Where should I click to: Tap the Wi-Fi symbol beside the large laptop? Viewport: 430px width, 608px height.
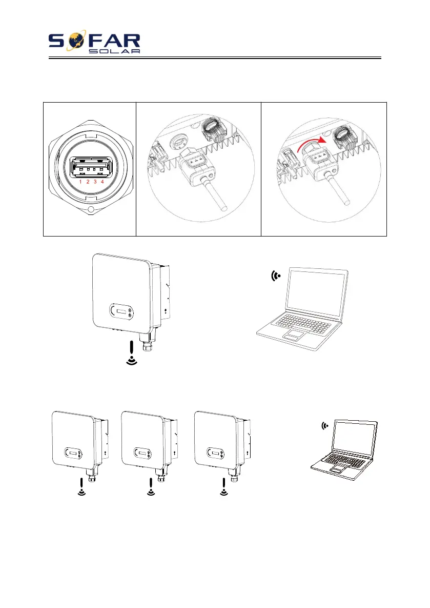point(277,276)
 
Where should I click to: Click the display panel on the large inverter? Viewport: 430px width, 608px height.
point(121,311)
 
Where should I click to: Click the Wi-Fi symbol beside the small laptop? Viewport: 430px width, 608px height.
point(324,425)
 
